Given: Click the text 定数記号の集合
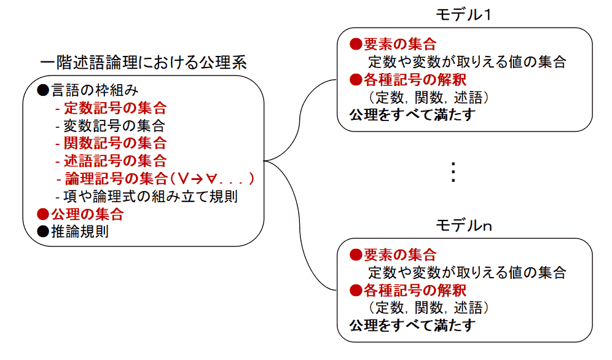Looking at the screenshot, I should pos(115,109).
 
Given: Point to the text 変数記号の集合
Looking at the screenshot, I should pos(114,127).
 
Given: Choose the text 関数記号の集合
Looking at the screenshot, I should pos(115,144).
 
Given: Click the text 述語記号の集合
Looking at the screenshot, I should pos(115,162).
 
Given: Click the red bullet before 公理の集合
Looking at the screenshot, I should pos(42,214).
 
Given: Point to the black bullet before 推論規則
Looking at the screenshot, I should pos(42,232).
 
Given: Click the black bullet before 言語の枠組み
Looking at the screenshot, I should pos(42,91).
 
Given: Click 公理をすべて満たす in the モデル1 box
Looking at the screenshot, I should pos(412,115).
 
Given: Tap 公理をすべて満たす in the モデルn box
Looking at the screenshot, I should pos(412,326).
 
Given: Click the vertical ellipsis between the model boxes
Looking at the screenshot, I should pos(453,173).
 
